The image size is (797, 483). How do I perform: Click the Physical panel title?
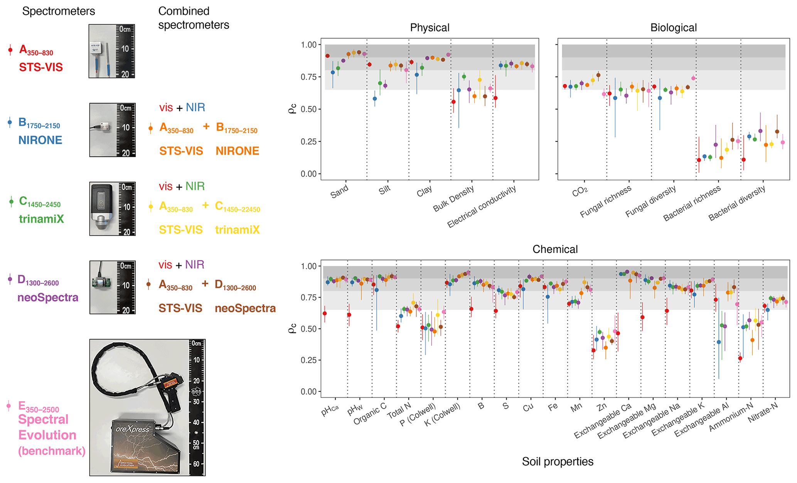pos(430,28)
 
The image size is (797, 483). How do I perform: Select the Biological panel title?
pos(673,28)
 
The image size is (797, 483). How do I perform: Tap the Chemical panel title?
pos(555,249)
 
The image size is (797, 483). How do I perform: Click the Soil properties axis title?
pos(558,461)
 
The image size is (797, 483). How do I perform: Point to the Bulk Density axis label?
pos(453,199)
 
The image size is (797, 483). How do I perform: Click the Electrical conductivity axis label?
pos(482,206)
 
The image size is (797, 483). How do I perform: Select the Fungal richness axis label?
pos(606,201)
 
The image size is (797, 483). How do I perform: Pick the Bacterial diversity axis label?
pos(737,203)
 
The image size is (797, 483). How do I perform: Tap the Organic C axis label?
pos(370,414)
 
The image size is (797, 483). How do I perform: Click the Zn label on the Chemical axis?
pos(602,407)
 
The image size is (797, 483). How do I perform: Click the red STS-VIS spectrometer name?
pos(41,68)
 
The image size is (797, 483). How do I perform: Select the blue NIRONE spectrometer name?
pos(40,140)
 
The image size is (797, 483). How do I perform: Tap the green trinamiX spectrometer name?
pos(41,219)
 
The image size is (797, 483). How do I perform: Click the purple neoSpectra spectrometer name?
pos(48,297)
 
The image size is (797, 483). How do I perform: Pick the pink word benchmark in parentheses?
pos(52,451)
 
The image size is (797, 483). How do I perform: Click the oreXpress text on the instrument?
pos(132,429)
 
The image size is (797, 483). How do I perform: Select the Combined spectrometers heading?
pos(194,18)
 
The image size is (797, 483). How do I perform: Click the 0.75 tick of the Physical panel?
pos(309,77)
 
